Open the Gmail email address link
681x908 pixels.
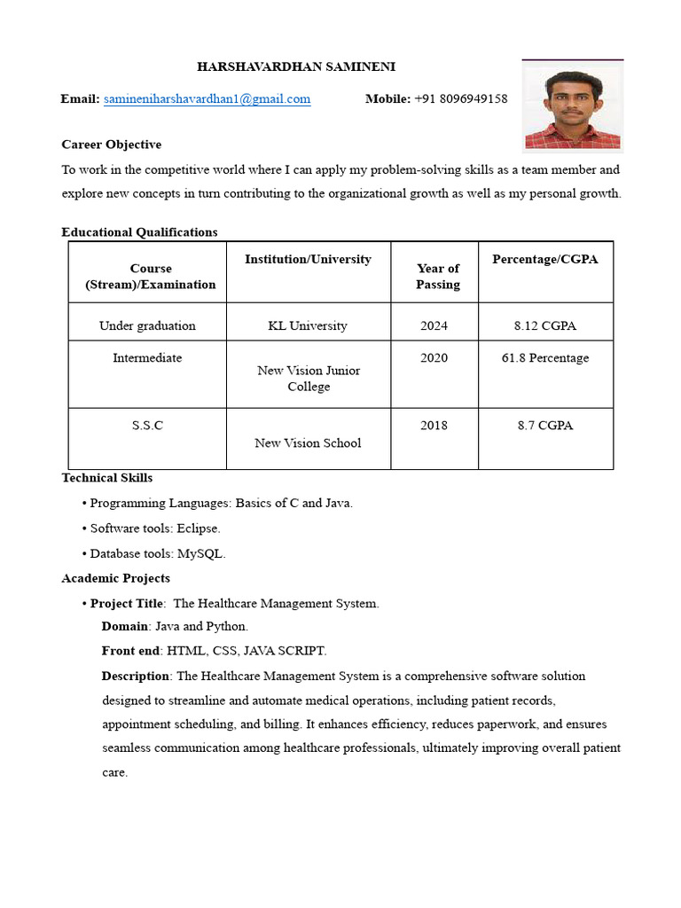207,99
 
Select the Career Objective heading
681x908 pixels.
111,144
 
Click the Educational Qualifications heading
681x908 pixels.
139,232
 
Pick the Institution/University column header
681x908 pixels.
308,259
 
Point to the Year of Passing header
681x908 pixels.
438,276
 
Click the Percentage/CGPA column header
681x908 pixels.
544,259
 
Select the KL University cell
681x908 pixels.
308,325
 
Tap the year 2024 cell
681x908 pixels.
434,325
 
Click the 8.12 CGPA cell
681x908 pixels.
544,325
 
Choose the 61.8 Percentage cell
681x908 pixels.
544,358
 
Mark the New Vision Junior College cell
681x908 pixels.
308,379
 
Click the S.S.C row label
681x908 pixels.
147,426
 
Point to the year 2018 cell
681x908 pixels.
434,426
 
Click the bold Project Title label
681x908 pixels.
127,604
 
